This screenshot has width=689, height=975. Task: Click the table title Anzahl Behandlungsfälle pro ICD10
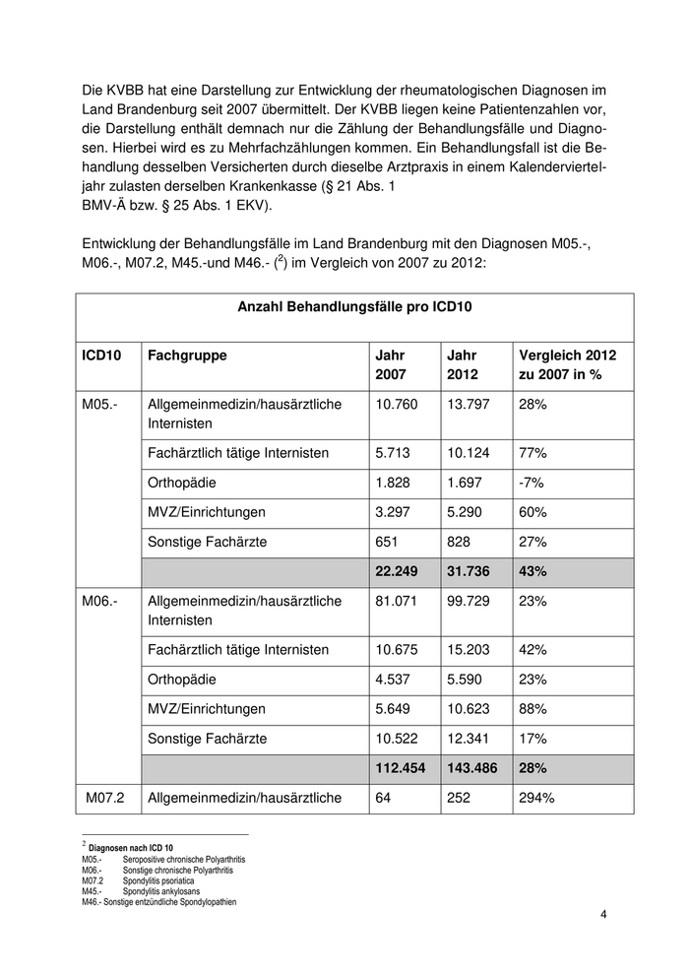pyautogui.click(x=355, y=307)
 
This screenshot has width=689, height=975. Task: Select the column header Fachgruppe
pyautogui.click(x=187, y=356)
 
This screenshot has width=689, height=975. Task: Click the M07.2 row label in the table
pyautogui.click(x=107, y=798)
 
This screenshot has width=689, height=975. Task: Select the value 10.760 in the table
pyautogui.click(x=398, y=404)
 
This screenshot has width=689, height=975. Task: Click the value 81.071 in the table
pyautogui.click(x=398, y=601)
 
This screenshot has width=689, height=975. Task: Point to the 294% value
pyautogui.click(x=535, y=798)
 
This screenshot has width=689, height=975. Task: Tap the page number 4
pyautogui.click(x=603, y=916)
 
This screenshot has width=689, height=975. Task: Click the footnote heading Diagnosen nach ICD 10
pyautogui.click(x=131, y=847)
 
